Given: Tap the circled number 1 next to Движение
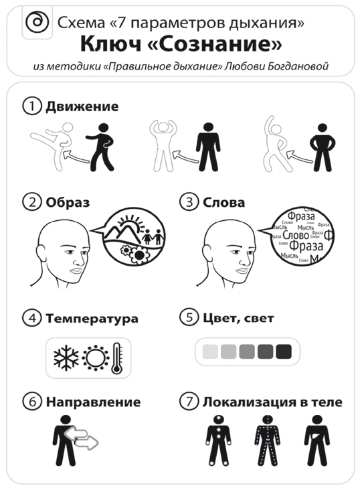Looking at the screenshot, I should [31, 106].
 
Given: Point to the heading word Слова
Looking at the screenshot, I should [223, 201].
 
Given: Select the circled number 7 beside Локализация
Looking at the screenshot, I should [188, 402].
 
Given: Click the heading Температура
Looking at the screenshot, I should [92, 319].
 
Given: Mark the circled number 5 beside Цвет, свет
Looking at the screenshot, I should [188, 319].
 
